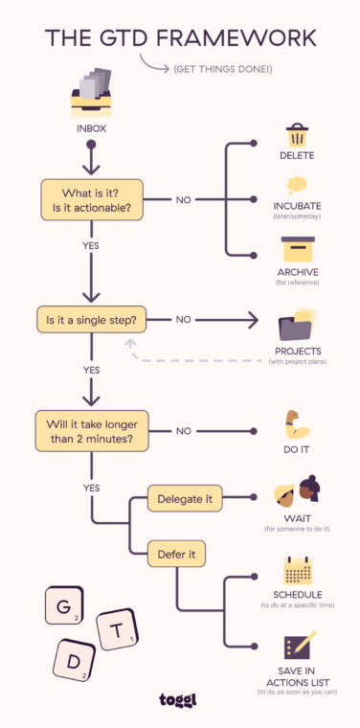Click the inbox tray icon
(x=91, y=94)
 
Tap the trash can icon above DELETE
(x=298, y=135)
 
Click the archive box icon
(x=298, y=249)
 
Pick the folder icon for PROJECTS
(x=298, y=324)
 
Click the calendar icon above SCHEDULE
(x=298, y=571)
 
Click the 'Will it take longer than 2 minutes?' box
(x=90, y=431)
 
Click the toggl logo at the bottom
(x=179, y=701)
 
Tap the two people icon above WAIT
(x=298, y=489)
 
